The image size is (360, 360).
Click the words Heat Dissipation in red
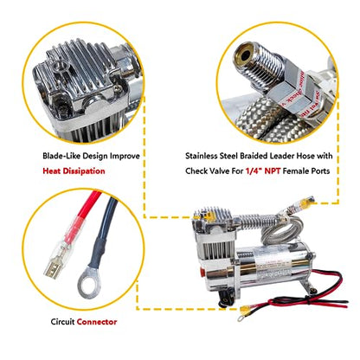(74, 171)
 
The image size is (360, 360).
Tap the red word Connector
(97, 322)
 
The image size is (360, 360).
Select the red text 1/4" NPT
(263, 170)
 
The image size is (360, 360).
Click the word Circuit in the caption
(63, 322)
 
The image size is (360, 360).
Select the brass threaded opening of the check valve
(245, 55)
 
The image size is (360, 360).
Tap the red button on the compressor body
(202, 271)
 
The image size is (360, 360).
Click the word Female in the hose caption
(293, 170)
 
